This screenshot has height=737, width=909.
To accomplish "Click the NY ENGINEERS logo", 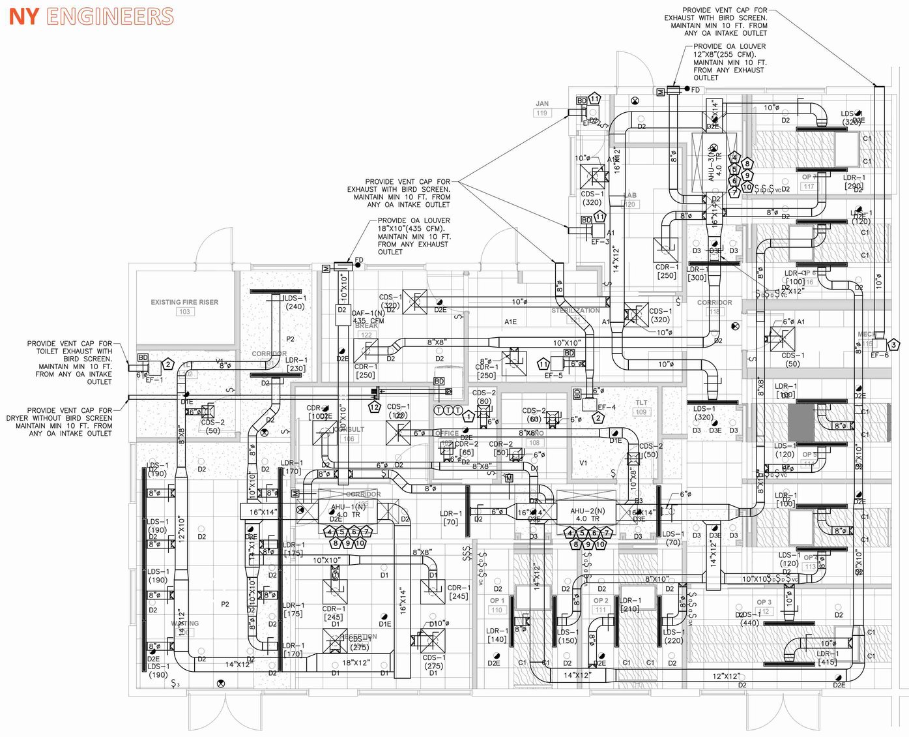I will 91,16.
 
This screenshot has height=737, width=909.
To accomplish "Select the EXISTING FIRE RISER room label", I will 184,302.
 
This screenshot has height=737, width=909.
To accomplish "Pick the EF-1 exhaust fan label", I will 154,380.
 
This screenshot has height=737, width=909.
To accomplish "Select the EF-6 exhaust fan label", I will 879,355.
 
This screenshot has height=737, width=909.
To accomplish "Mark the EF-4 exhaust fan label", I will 606,408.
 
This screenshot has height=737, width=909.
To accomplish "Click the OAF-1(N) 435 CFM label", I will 369,317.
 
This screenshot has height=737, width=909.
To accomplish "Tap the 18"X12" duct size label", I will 356,663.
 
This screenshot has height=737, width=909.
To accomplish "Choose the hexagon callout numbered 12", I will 374,408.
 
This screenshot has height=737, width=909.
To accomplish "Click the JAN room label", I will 542,104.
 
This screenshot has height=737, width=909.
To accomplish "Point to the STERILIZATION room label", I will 575,310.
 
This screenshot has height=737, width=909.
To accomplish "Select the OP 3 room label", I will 764,602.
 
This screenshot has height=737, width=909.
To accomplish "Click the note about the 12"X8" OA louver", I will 729,62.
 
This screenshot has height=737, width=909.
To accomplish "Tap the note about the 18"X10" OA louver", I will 414,236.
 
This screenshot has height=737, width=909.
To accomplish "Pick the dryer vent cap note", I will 59,422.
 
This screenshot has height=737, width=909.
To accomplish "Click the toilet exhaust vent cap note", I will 69,363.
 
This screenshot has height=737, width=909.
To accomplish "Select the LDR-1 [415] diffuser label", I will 828,657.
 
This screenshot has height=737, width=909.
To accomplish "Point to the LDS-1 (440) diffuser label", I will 749,618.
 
